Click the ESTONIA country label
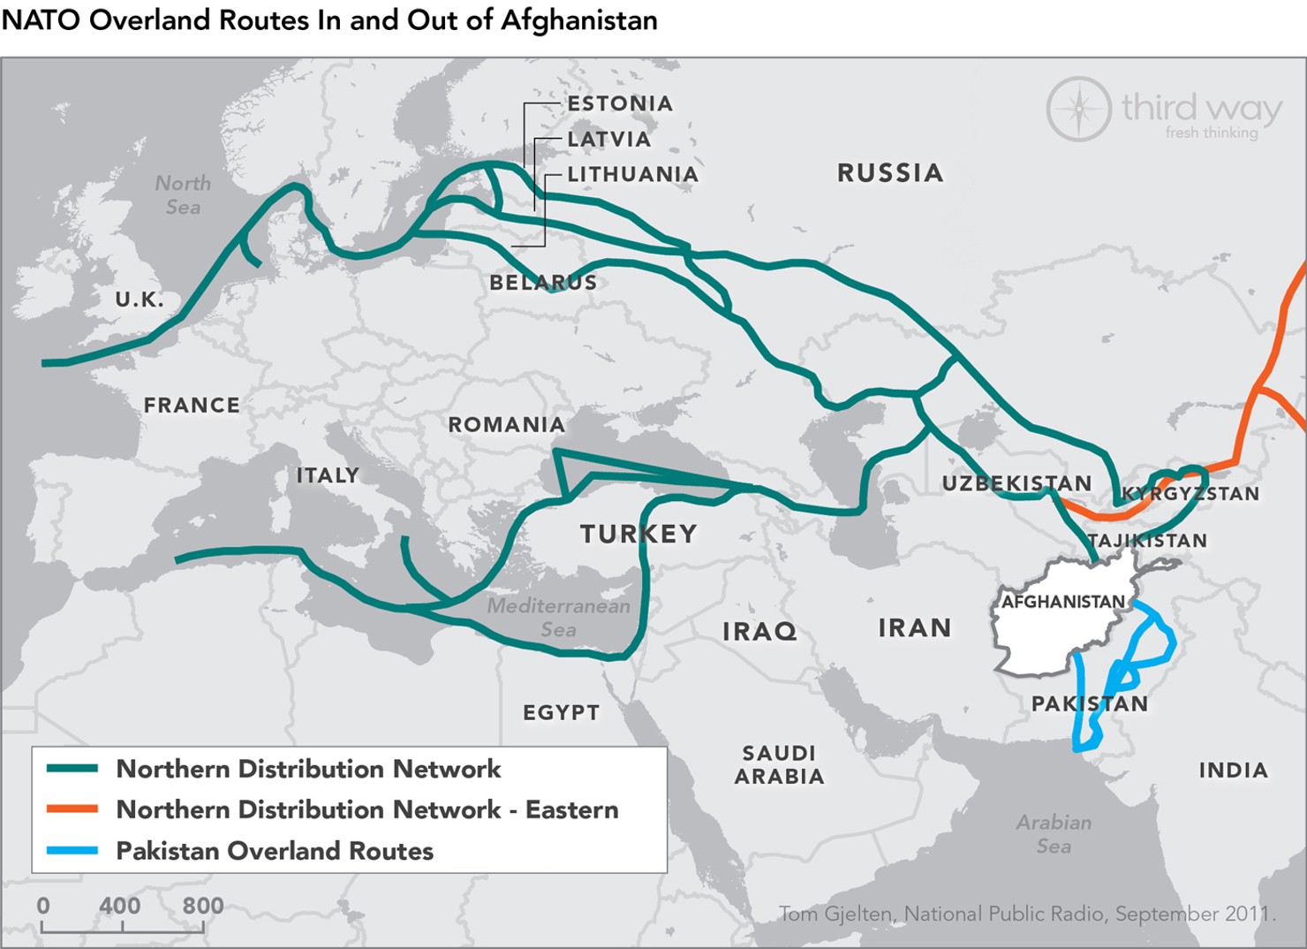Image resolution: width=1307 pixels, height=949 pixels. [620, 104]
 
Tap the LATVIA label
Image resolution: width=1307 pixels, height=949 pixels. [609, 140]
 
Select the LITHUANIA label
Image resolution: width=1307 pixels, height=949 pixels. [632, 175]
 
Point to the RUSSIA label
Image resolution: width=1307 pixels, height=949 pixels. [890, 173]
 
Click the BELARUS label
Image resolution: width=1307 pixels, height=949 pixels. [543, 283]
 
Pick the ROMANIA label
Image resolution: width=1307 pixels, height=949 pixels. [506, 425]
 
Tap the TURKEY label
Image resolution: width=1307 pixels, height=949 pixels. [638, 534]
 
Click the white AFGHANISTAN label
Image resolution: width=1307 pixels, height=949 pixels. [1063, 602]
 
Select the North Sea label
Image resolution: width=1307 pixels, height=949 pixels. [183, 195]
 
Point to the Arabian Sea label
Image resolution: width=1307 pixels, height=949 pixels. [1054, 834]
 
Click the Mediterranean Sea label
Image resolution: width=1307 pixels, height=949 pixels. [558, 618]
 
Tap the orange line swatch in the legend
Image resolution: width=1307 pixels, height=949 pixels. [72, 809]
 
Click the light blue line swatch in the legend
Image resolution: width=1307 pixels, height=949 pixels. [72, 851]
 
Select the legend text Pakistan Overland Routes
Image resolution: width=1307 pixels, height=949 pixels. [275, 851]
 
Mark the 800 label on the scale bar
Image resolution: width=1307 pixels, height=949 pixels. [202, 906]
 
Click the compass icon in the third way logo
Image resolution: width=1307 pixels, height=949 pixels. [1078, 109]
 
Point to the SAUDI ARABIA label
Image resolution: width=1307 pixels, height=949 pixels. [779, 765]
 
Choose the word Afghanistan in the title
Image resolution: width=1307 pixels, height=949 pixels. [578, 20]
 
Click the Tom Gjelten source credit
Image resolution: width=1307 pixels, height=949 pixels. [1027, 914]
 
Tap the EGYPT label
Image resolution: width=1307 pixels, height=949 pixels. [561, 713]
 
